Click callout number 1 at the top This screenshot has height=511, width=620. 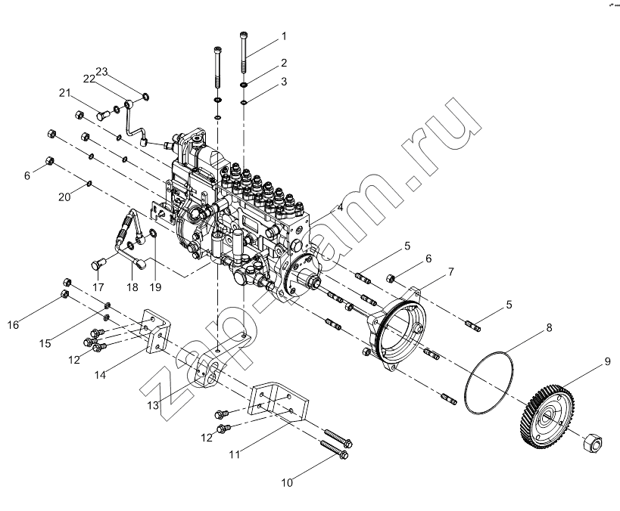pyautogui.click(x=284, y=36)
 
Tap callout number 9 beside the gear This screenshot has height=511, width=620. pyautogui.click(x=607, y=361)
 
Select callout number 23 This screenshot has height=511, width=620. pyautogui.click(x=101, y=72)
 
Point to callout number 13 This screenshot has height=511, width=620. pyautogui.click(x=153, y=405)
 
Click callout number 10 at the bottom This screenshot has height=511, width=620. pyautogui.click(x=287, y=482)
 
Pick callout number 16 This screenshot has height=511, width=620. pyautogui.click(x=13, y=324)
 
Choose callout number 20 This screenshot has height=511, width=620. pyautogui.click(x=64, y=197)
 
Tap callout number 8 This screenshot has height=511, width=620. pyautogui.click(x=549, y=327)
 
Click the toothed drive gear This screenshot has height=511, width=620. pyautogui.click(x=546, y=419)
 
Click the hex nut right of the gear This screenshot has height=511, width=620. pyautogui.click(x=593, y=441)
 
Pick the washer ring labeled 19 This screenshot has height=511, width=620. pyautogui.click(x=153, y=234)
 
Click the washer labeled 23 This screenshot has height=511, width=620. pyautogui.click(x=145, y=95)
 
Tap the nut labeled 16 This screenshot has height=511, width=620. pyautogui.click(x=65, y=294)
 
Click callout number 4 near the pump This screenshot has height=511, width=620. pyautogui.click(x=340, y=207)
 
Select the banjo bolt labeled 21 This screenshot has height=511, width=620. pyautogui.click(x=104, y=116)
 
